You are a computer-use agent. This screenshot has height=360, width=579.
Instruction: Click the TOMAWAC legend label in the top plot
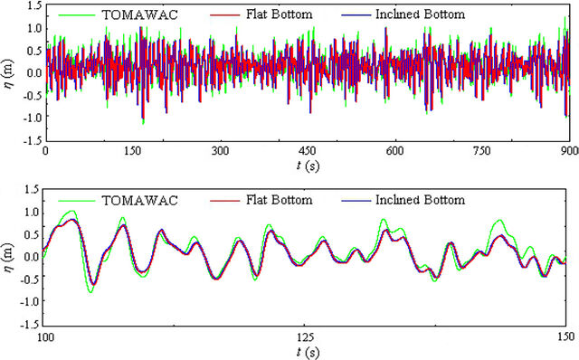point(140,14)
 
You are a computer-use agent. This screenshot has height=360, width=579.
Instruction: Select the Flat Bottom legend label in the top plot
point(280,14)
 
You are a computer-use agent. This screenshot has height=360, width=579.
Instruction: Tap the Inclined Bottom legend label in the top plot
point(420,14)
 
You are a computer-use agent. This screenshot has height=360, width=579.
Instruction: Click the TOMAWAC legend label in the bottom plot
point(140,201)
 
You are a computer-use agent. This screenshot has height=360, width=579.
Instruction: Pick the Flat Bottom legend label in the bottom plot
point(280,200)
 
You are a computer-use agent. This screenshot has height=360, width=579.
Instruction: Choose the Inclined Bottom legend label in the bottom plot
point(420,200)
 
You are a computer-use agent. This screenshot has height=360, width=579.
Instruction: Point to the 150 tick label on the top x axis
point(133,151)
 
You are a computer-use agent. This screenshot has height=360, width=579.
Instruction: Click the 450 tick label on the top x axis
point(308,151)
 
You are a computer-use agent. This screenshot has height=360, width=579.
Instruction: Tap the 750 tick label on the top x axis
point(482,151)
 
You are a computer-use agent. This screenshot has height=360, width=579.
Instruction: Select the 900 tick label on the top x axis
point(570,151)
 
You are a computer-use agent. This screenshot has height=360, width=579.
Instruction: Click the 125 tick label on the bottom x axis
point(306,336)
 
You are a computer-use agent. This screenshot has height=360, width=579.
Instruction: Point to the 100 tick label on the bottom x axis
point(45,336)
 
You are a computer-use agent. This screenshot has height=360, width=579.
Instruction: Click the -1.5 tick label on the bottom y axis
point(33,324)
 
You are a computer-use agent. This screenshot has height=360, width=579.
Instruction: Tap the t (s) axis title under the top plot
point(308,166)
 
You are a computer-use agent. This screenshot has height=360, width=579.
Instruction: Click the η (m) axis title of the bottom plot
point(8,258)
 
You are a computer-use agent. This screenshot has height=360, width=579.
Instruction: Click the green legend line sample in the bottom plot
point(77,201)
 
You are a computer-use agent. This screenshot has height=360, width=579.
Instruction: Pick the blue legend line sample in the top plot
point(356,15)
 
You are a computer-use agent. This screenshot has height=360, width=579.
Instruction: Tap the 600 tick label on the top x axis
point(394,151)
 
